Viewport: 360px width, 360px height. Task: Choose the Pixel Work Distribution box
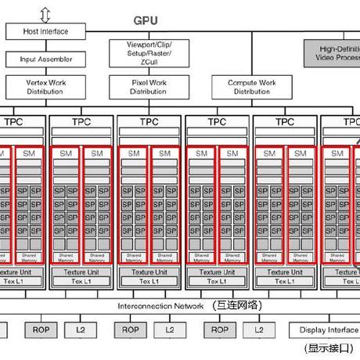click(149, 86)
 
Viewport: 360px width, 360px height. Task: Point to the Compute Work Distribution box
click(252, 86)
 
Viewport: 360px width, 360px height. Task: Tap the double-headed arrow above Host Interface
click(45, 13)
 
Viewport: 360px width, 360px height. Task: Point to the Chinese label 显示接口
click(329, 348)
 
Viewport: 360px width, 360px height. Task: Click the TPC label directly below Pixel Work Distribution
click(149, 122)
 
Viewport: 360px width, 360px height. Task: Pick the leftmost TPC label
click(13, 122)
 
